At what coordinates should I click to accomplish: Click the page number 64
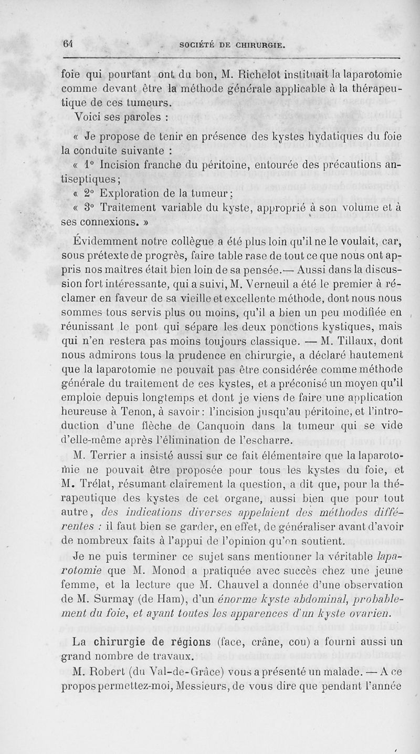coord(67,45)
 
